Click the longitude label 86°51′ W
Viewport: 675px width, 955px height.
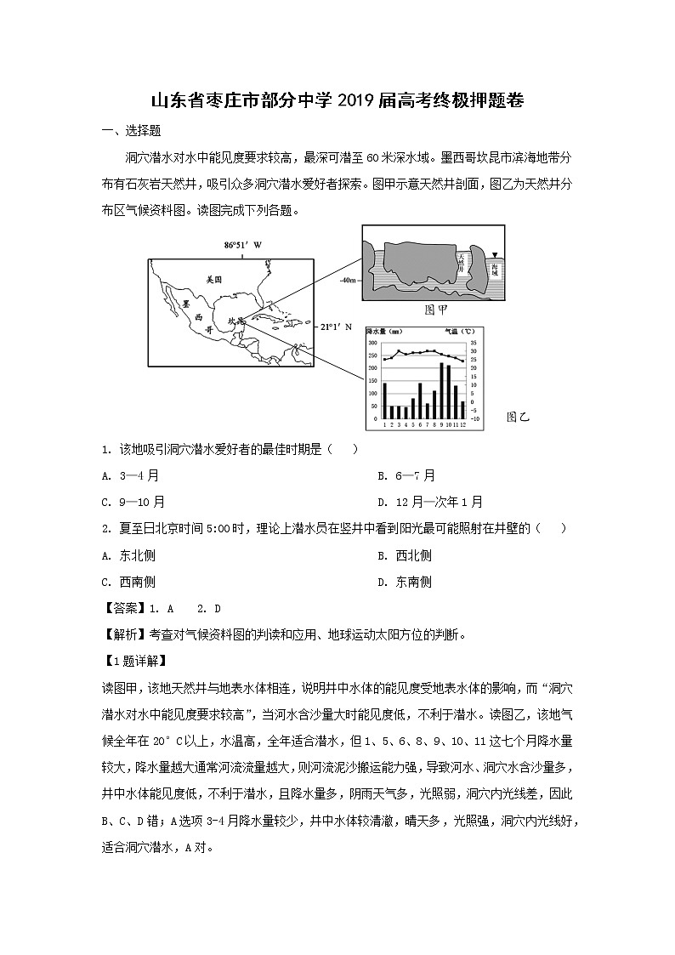pyautogui.click(x=243, y=245)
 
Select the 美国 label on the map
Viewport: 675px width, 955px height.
pyautogui.click(x=213, y=279)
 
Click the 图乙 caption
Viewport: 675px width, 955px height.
pyautogui.click(x=518, y=417)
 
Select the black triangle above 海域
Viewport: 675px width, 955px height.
pyautogui.click(x=494, y=253)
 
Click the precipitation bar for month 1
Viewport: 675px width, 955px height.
pyautogui.click(x=384, y=401)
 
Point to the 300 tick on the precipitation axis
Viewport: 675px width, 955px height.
pyautogui.click(x=372, y=342)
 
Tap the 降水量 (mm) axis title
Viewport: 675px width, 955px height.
pyautogui.click(x=384, y=331)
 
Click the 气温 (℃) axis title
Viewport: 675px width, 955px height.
pyautogui.click(x=459, y=331)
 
